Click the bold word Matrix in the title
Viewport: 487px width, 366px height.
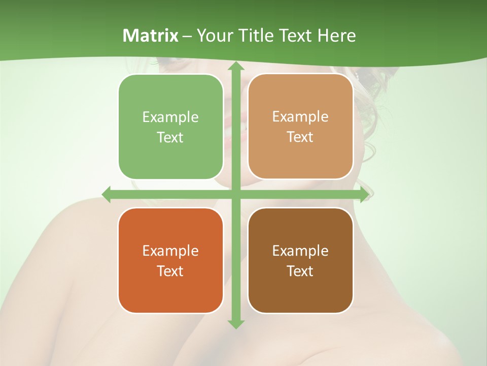pyautogui.click(x=151, y=36)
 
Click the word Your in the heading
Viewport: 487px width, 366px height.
pyautogui.click(x=213, y=36)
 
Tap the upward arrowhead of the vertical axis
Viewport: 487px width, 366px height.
pyautogui.click(x=235, y=66)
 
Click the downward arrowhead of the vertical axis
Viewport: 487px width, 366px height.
pyautogui.click(x=235, y=324)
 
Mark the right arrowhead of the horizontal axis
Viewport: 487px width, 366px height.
pyautogui.click(x=364, y=194)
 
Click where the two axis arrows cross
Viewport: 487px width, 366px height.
pyautogui.click(x=235, y=194)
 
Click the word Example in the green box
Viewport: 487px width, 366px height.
pyautogui.click(x=170, y=117)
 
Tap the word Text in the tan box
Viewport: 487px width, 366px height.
pyautogui.click(x=300, y=137)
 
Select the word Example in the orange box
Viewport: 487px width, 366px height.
pyautogui.click(x=170, y=251)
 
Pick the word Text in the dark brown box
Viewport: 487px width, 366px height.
pyautogui.click(x=300, y=271)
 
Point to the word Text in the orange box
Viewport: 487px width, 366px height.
pyautogui.click(x=170, y=271)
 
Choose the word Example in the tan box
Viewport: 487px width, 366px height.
pyautogui.click(x=300, y=117)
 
